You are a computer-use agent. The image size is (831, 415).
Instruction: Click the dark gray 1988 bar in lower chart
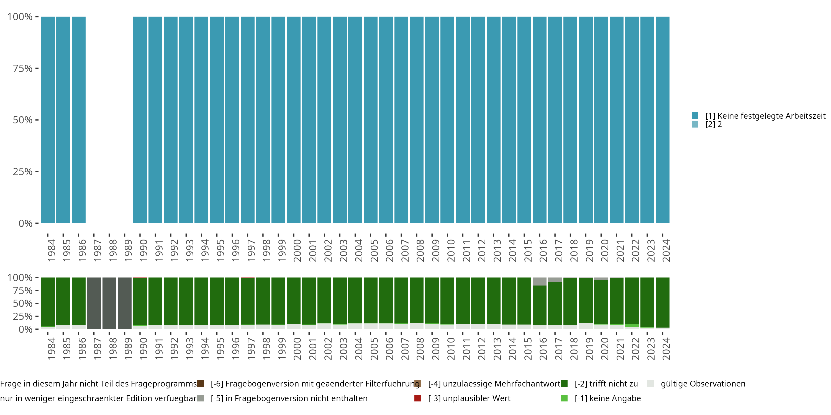click(x=109, y=303)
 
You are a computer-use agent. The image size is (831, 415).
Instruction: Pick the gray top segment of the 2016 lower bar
click(x=539, y=281)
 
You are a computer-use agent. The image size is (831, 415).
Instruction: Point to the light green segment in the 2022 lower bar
click(x=632, y=325)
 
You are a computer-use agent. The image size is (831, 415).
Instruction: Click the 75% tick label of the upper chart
click(x=23, y=68)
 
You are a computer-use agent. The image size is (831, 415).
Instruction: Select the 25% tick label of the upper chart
click(x=23, y=172)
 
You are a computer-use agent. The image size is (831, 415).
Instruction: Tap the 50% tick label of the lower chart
click(x=23, y=304)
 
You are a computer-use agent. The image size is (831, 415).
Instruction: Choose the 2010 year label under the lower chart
click(x=451, y=349)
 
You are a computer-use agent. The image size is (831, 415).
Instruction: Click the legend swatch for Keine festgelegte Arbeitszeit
click(x=695, y=116)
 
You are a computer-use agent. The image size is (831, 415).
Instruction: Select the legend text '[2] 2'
click(x=714, y=124)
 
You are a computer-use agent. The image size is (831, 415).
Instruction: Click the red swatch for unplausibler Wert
click(x=418, y=398)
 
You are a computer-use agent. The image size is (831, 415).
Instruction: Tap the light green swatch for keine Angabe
click(x=564, y=398)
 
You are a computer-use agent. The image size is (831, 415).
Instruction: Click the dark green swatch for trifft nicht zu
click(x=564, y=384)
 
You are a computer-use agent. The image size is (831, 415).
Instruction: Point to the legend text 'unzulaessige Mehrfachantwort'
click(x=494, y=384)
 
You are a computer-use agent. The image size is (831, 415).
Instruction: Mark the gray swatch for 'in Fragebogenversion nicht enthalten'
click(x=201, y=398)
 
